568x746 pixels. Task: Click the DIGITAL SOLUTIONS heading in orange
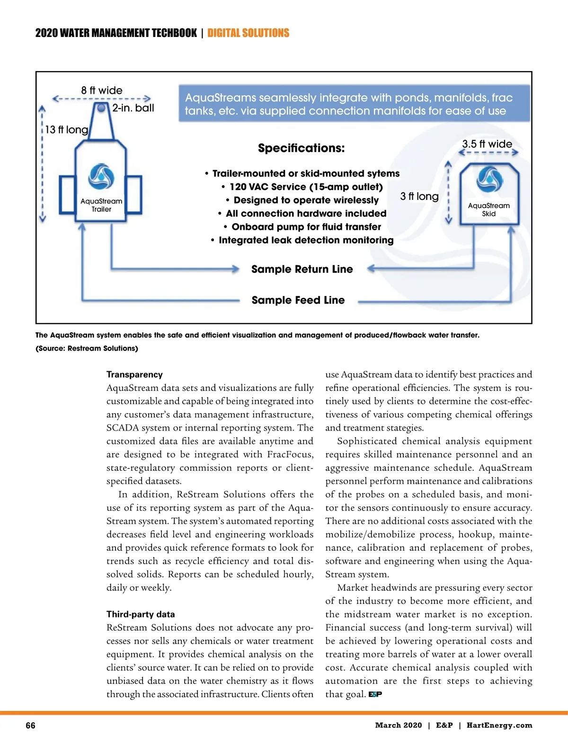pos(248,33)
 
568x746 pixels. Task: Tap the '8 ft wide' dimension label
pos(101,90)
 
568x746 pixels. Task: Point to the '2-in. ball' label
pos(133,108)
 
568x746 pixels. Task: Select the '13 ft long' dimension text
pos(66,130)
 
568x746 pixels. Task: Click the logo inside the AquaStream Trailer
pos(101,177)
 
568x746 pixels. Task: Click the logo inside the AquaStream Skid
pos(489,180)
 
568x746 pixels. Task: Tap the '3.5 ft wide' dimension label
pos(487,144)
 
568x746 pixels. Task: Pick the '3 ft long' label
pos(419,197)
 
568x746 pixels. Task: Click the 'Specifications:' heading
pos(301,148)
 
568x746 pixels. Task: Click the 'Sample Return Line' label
pos(302,270)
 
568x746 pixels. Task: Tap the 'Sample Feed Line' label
pos(298,300)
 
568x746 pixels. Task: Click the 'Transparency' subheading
pos(134,375)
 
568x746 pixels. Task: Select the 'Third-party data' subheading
pos(141,614)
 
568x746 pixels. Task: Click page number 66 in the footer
pos(30,726)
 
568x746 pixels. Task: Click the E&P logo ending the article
pos(375,694)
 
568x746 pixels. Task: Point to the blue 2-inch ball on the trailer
pos(101,108)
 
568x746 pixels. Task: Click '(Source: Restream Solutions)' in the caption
pos(87,349)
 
